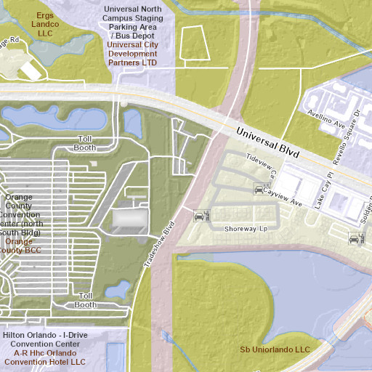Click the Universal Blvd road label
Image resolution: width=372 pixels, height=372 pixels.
point(269,143)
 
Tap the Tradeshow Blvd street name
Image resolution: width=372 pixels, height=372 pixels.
point(161,246)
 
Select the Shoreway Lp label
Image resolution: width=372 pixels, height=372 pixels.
point(246,229)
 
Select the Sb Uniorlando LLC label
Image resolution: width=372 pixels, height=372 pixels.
point(275,349)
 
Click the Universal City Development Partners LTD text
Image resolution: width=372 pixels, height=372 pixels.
point(132,54)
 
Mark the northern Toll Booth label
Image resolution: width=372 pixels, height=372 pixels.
point(85,143)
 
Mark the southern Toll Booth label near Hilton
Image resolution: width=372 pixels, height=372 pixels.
point(85,300)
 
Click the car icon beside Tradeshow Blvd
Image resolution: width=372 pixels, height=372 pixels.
point(201,216)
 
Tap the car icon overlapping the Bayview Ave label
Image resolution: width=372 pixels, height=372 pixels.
point(259,190)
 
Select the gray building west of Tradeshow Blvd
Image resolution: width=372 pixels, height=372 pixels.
point(130,220)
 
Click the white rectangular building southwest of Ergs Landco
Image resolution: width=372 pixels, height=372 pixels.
point(31,70)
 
